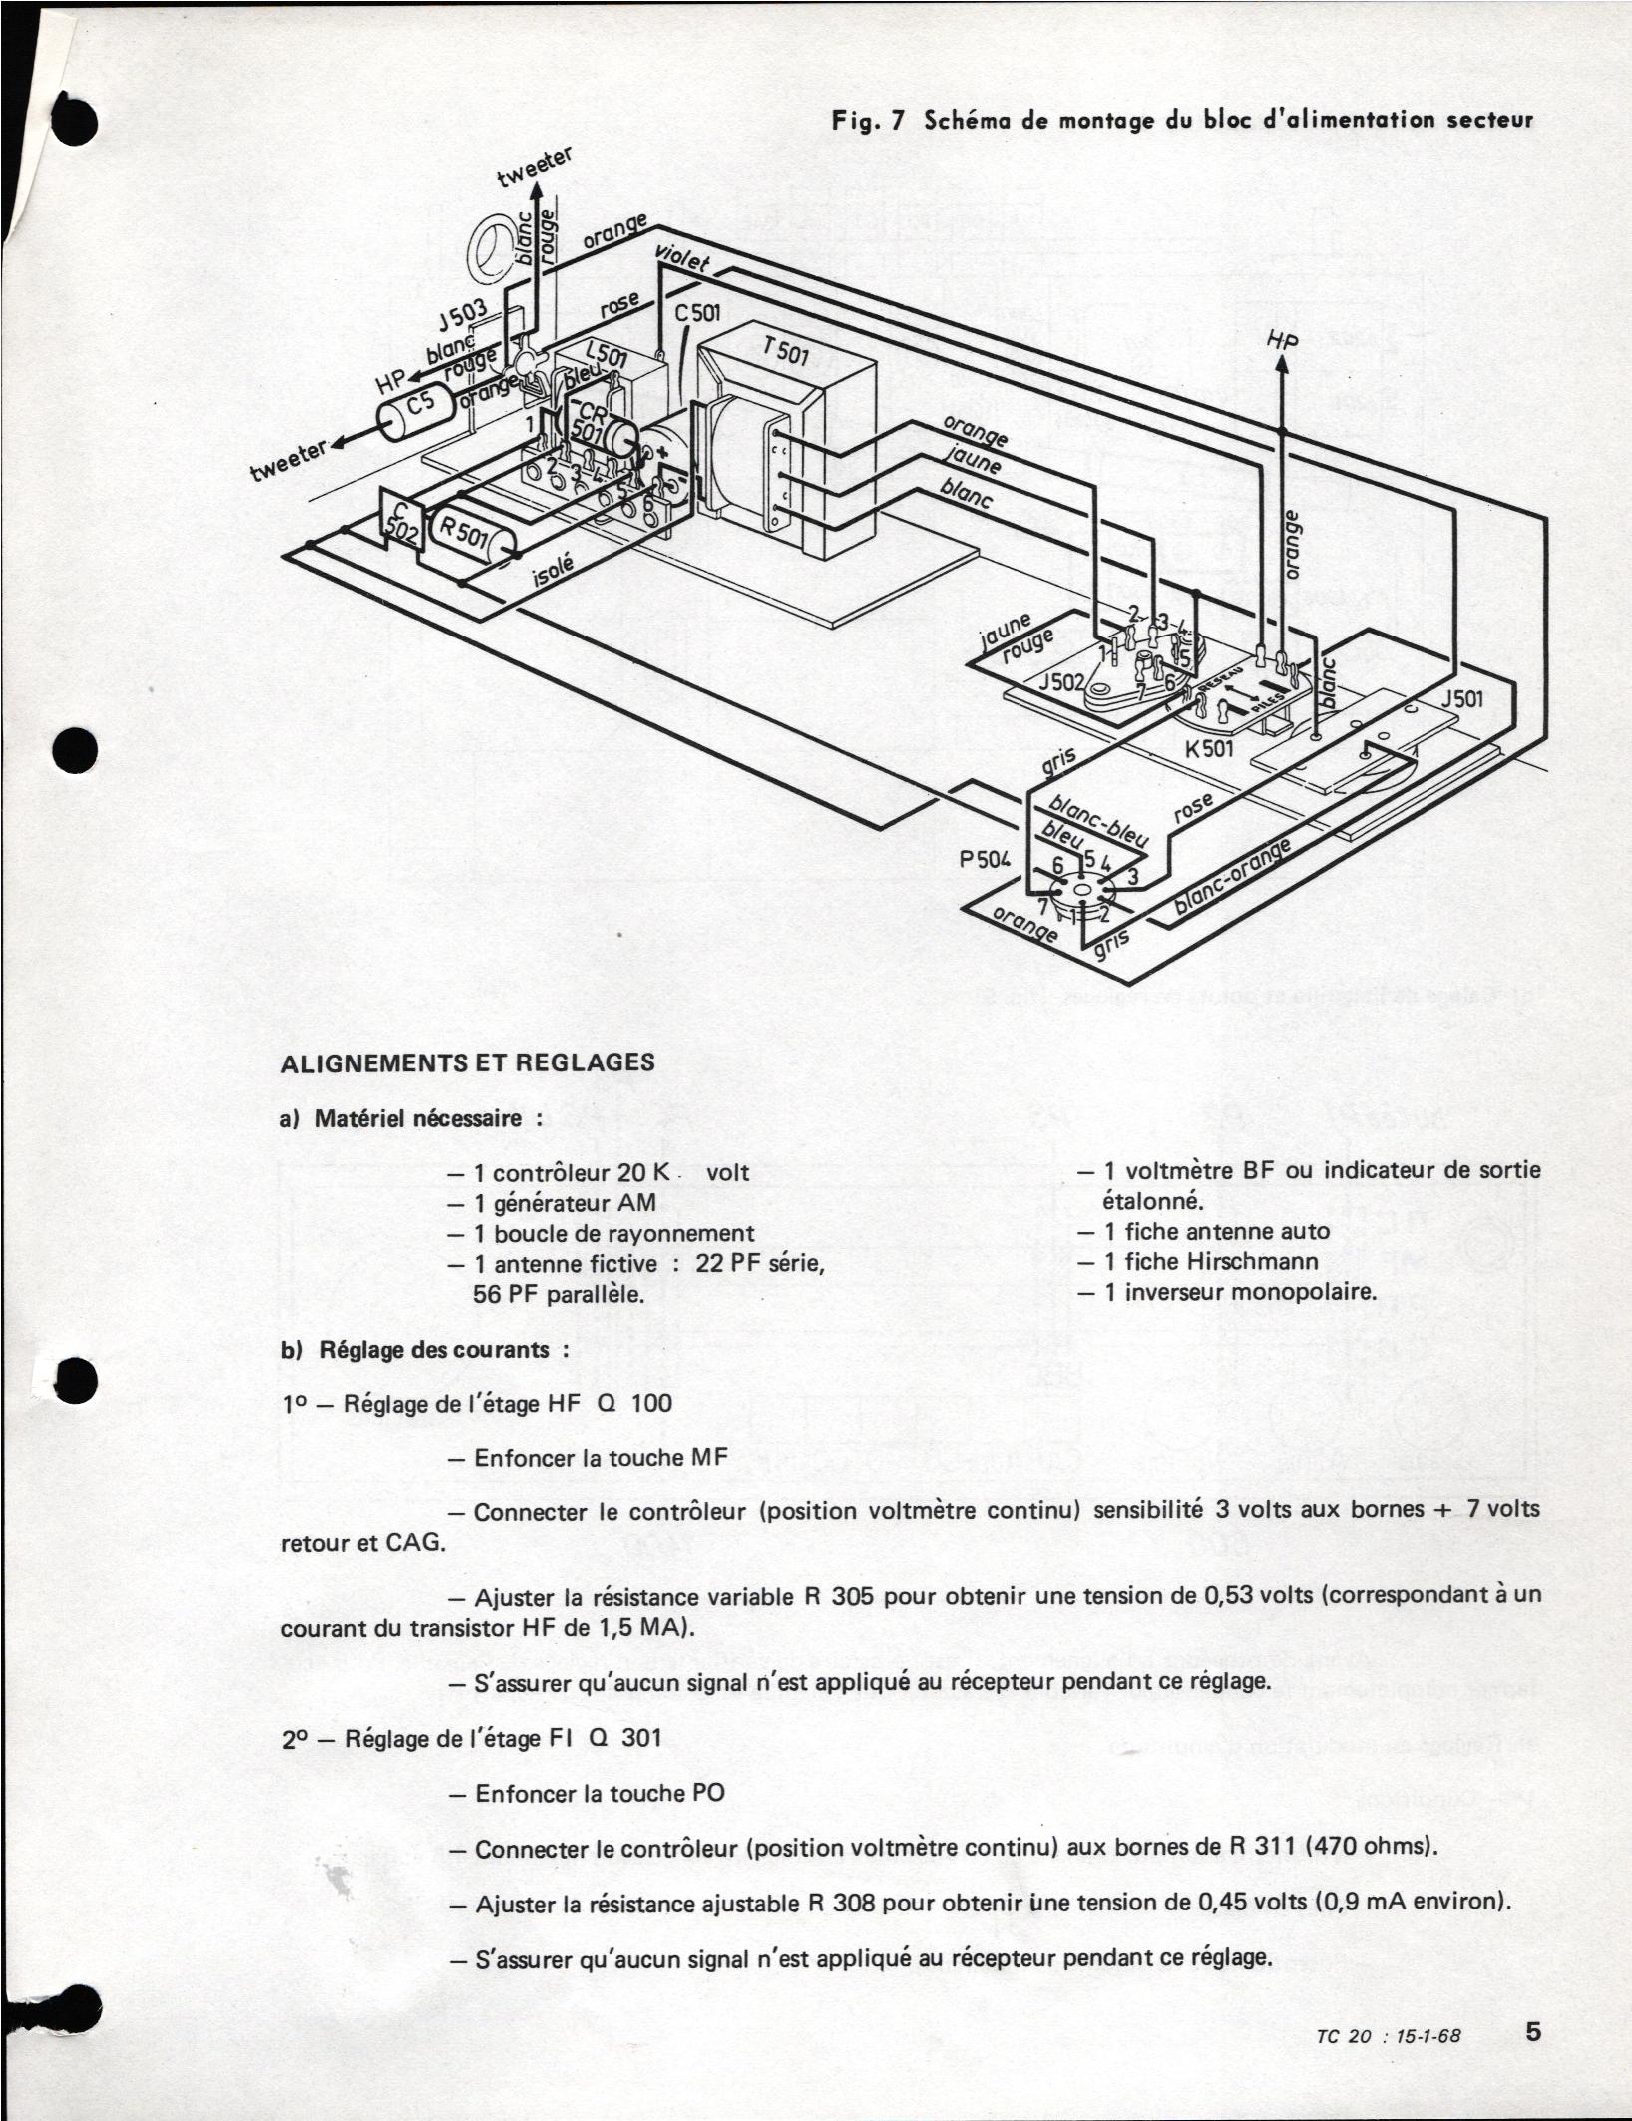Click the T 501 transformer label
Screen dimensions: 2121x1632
tap(786, 352)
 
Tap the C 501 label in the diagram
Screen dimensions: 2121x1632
tap(697, 313)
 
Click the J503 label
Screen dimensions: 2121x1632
tap(461, 321)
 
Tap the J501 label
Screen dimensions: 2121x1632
tap(1461, 699)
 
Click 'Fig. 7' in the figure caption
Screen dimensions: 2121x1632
tap(868, 121)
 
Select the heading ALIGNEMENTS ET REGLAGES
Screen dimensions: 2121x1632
tap(468, 1061)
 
